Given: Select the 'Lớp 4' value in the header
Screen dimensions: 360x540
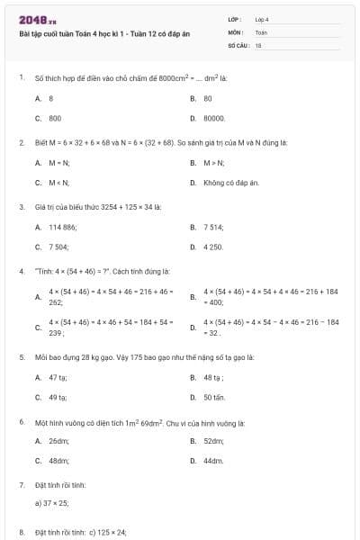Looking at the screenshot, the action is tap(262, 19).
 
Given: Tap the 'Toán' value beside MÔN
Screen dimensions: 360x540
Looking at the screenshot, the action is tap(261, 31).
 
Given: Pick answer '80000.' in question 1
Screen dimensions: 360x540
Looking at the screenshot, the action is tap(214, 118).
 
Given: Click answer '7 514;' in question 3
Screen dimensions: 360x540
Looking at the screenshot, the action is tap(213, 228).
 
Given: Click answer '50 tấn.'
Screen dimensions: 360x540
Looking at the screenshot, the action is tap(214, 397).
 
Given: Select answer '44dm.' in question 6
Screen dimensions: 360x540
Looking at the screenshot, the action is tap(213, 461).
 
